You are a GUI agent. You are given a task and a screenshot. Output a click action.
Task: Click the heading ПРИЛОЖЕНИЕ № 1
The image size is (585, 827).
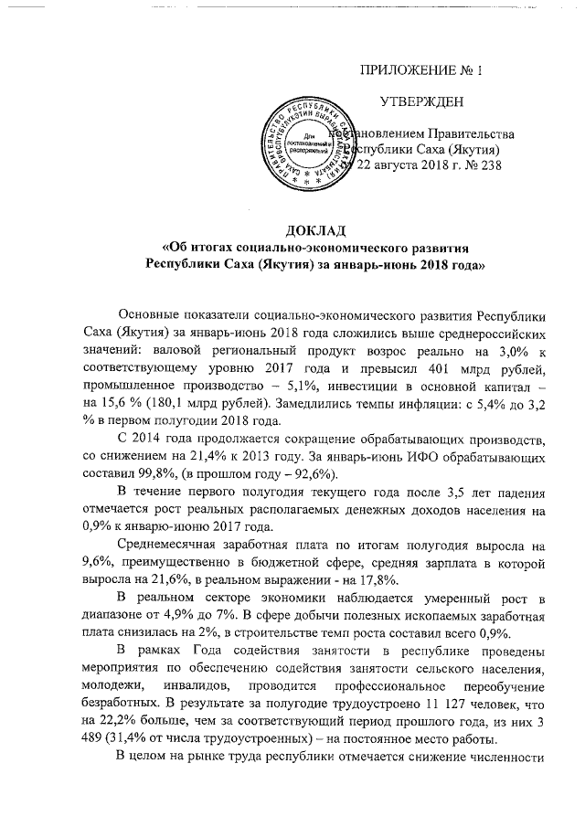422,70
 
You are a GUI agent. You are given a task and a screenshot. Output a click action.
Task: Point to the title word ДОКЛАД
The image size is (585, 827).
314,230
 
